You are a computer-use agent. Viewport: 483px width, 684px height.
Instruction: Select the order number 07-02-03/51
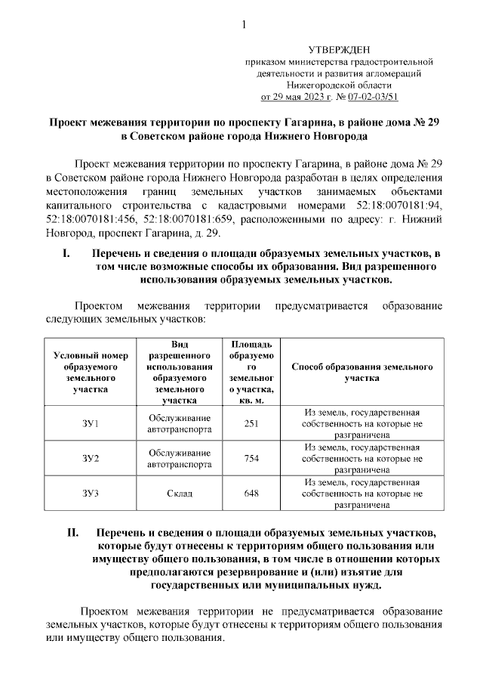373,97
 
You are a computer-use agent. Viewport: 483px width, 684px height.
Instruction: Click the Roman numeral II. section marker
72,534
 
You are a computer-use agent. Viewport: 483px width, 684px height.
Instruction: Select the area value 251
251,424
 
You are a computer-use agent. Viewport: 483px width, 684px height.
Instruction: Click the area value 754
251,459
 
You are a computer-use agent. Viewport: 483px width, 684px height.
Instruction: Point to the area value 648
251,493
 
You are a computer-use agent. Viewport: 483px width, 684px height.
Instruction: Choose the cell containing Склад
180,493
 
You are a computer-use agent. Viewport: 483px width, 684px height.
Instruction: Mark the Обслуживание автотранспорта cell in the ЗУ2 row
180,459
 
